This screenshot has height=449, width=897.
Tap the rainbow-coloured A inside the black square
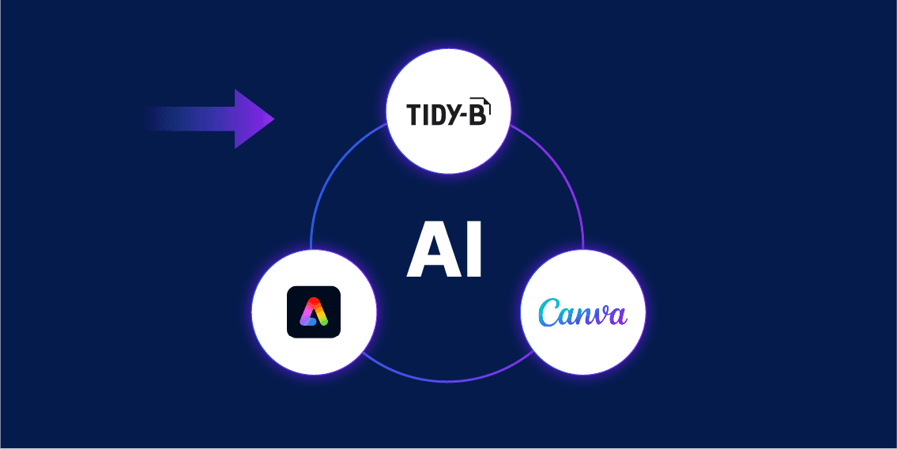[314, 312]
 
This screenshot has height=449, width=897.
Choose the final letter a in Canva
[617, 316]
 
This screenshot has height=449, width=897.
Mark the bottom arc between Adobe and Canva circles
[448, 380]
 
